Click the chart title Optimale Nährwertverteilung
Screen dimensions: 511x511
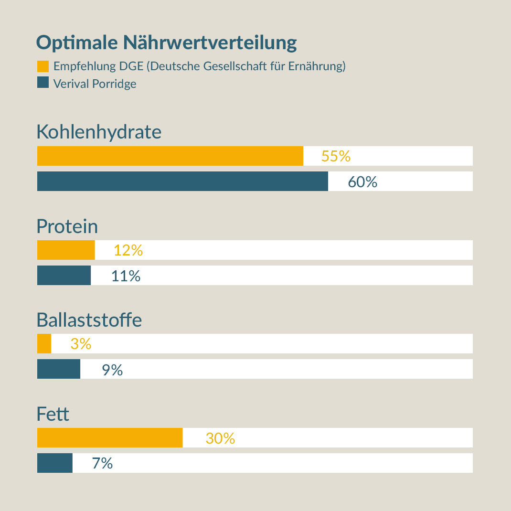(166, 43)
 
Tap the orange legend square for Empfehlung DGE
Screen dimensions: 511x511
(43, 66)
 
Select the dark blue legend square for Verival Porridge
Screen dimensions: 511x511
(43, 83)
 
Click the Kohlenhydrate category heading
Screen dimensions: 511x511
(99, 132)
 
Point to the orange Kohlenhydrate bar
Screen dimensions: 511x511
(170, 156)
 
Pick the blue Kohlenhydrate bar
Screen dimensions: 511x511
(182, 181)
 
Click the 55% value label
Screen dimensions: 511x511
(336, 156)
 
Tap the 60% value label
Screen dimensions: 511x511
(362, 182)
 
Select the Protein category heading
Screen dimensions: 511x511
(67, 226)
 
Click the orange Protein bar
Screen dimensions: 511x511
(66, 250)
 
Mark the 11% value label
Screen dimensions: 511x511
(126, 276)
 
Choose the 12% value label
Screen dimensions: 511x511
(128, 250)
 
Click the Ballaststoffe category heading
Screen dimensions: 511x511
(89, 320)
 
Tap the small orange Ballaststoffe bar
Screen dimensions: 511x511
(44, 344)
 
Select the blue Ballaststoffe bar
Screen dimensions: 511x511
(59, 369)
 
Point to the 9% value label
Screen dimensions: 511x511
(112, 370)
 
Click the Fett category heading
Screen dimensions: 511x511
(53, 414)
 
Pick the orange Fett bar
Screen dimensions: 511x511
(110, 438)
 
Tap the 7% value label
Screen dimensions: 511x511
(102, 463)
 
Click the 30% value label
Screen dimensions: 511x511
(220, 438)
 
